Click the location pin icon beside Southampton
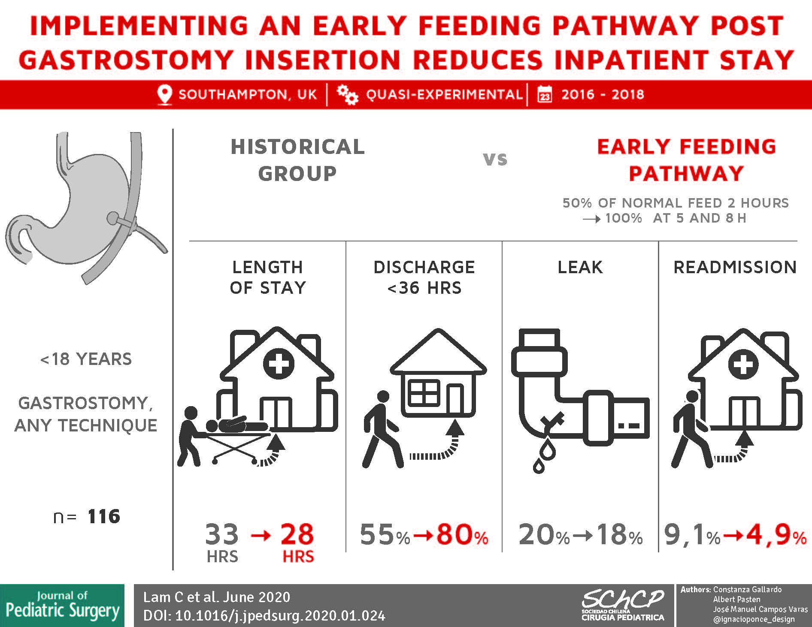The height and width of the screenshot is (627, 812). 164,94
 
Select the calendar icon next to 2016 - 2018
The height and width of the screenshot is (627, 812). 545,94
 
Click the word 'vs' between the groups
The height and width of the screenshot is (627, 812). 495,160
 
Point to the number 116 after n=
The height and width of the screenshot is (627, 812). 104,516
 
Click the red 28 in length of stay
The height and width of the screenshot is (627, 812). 297,534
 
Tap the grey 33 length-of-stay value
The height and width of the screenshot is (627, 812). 222,534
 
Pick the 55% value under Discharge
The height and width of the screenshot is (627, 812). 385,535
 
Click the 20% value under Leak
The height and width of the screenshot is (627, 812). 544,535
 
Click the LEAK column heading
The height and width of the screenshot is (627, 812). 580,267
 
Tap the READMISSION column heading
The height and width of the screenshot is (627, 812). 735,267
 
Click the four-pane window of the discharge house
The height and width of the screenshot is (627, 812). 424,392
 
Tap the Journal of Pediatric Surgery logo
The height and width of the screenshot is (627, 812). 62,606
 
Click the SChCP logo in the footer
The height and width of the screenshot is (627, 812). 623,605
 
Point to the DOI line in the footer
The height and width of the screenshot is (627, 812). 264,616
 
